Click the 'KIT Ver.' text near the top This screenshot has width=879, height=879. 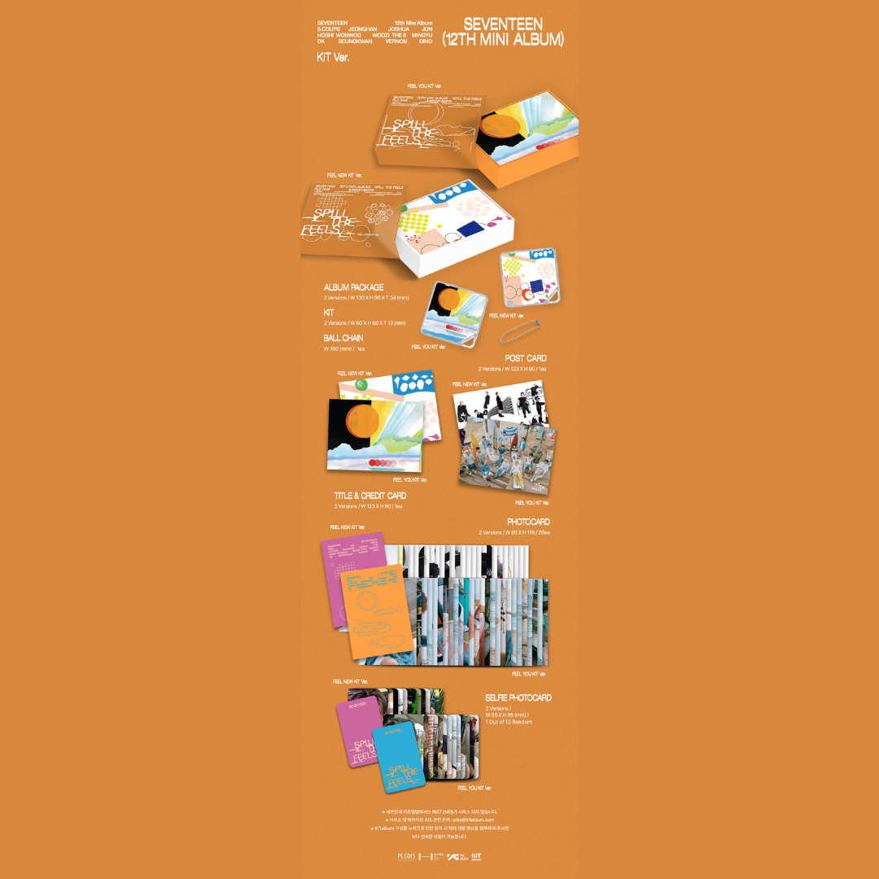334,57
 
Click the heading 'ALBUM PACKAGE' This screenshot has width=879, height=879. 353,287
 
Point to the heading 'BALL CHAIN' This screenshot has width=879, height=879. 343,338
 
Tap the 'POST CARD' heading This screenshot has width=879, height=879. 526,358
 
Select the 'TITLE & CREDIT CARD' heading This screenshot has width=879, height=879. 370,496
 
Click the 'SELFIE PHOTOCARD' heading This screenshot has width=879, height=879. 518,698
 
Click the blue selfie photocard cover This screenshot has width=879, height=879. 400,756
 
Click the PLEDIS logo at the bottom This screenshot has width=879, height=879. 407,857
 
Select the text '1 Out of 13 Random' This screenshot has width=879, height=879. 509,722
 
